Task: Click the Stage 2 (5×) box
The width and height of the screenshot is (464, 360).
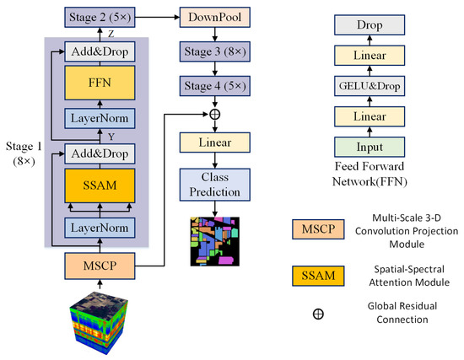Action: (x=99, y=16)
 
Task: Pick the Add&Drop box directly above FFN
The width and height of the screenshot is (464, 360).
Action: (x=99, y=52)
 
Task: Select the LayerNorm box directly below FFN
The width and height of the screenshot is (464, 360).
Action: (x=99, y=117)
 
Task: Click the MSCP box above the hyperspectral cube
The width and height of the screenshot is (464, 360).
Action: (x=99, y=265)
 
